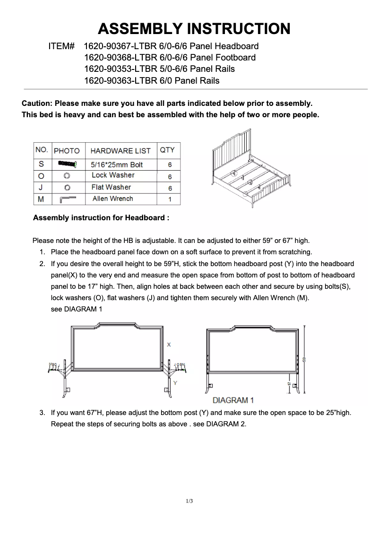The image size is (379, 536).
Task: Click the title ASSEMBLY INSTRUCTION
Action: pyautogui.click(x=194, y=29)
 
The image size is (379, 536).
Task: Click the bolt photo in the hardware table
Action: pyautogui.click(x=67, y=164)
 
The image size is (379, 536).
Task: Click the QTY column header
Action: pyautogui.click(x=167, y=150)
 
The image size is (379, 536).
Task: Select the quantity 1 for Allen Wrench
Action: pyautogui.click(x=170, y=199)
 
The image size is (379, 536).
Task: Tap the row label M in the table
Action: pyautogui.click(x=41, y=199)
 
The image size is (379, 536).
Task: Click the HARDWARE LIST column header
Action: pyautogui.click(x=120, y=151)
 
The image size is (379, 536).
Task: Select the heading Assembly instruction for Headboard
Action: pyautogui.click(x=101, y=218)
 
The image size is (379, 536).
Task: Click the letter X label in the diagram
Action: pyautogui.click(x=169, y=345)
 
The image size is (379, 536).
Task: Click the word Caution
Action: pyautogui.click(x=37, y=103)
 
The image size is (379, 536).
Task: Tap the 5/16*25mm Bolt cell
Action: pyautogui.click(x=117, y=164)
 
